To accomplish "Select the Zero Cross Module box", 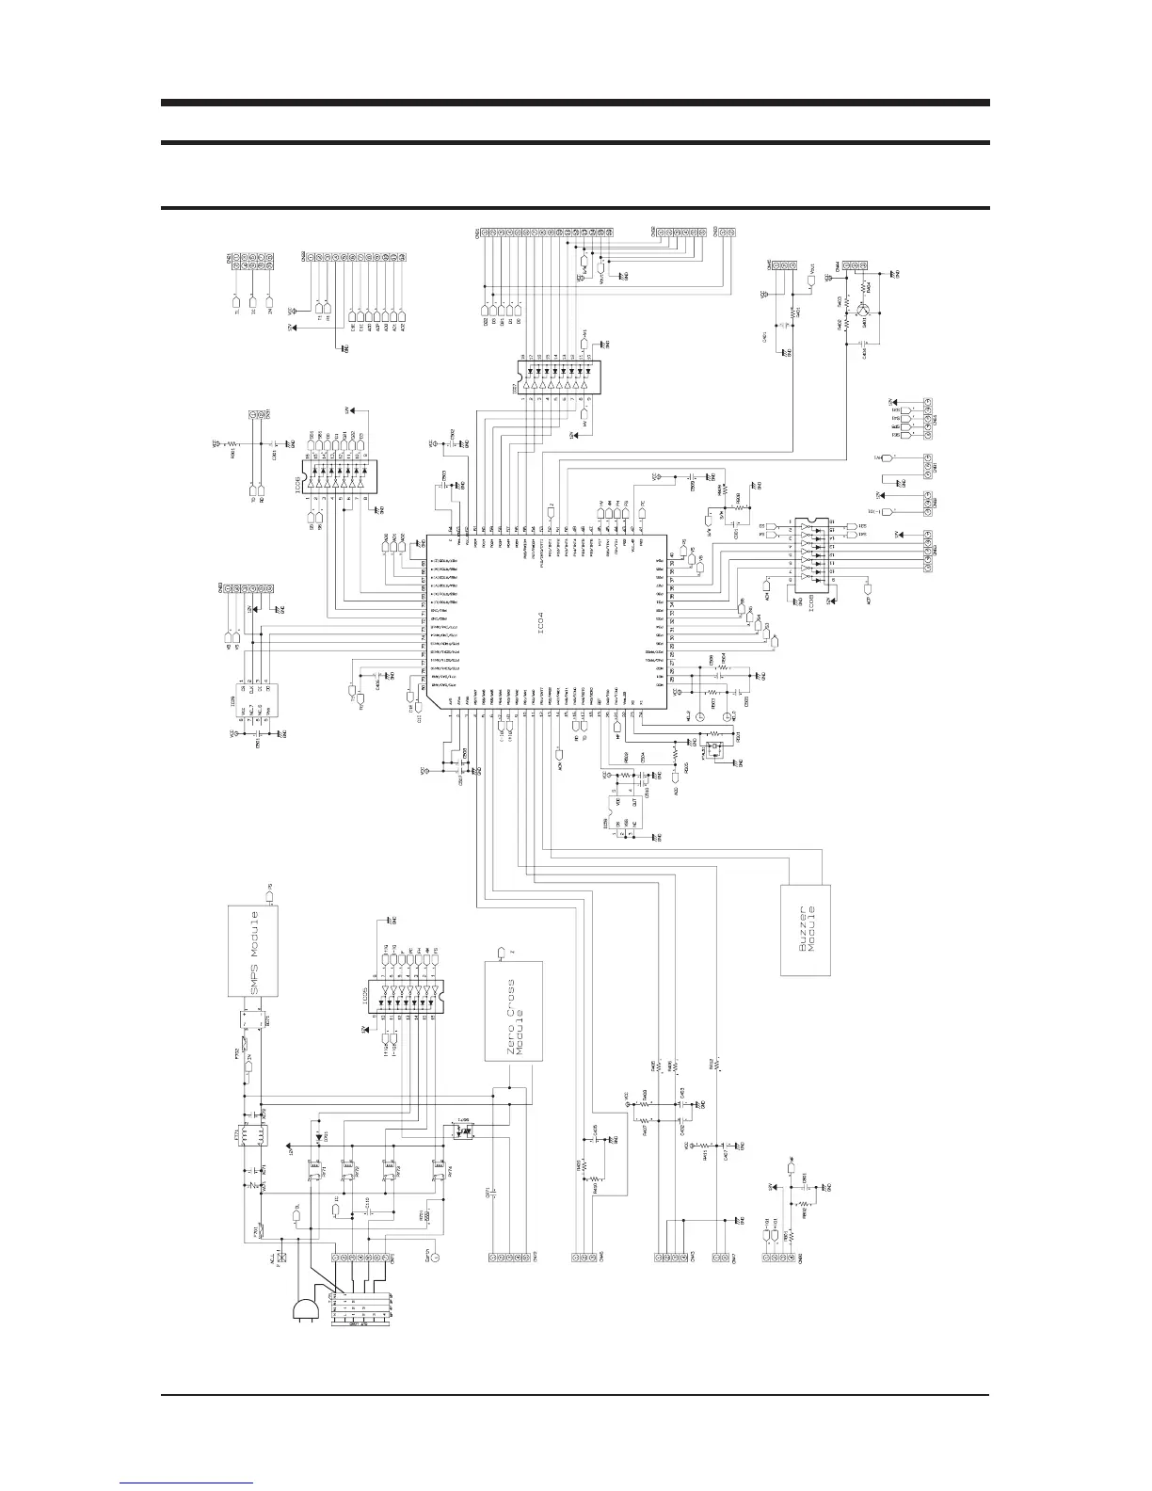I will (x=514, y=1011).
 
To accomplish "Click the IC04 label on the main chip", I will (x=549, y=621).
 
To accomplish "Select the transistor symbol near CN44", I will (x=864, y=308).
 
